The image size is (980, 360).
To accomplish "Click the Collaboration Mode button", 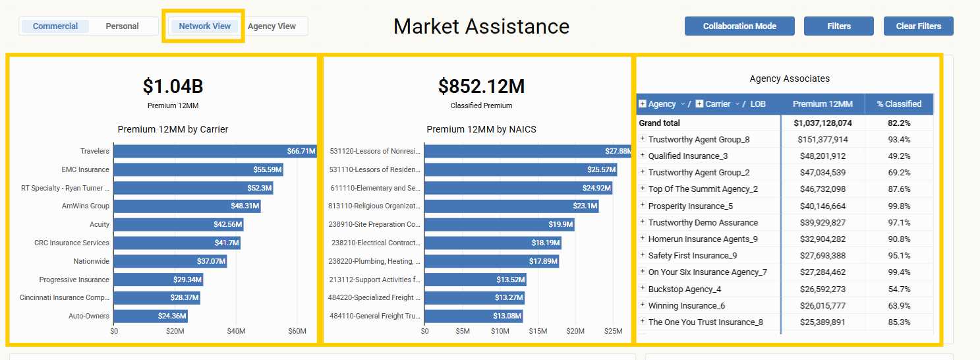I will point(739,26).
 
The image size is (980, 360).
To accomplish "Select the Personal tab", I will point(123,26).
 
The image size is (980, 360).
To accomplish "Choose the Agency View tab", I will point(272,26).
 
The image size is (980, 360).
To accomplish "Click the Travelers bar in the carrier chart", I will point(215,151).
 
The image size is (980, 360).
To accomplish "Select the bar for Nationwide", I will point(170,261).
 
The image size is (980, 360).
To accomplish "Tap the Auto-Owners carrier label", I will point(89,316).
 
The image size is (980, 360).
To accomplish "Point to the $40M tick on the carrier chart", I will point(236,331).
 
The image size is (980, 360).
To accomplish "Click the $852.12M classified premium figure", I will point(481,86).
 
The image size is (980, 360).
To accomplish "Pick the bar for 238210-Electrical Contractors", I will point(492,243).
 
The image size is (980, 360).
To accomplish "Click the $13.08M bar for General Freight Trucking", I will point(473,316).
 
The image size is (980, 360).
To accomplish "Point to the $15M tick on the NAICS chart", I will point(538,331).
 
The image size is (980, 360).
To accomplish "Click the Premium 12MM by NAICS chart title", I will point(481,129).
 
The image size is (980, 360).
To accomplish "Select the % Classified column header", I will point(899,104).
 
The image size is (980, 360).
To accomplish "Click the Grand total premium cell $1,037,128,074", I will point(822,123).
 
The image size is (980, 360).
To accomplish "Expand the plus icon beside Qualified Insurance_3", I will point(642,156).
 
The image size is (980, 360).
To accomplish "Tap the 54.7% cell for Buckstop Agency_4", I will point(899,289).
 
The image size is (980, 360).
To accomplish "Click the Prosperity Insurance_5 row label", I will point(690,206).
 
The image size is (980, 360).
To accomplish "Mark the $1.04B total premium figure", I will point(173,86).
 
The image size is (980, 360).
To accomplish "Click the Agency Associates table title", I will point(790,78).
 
